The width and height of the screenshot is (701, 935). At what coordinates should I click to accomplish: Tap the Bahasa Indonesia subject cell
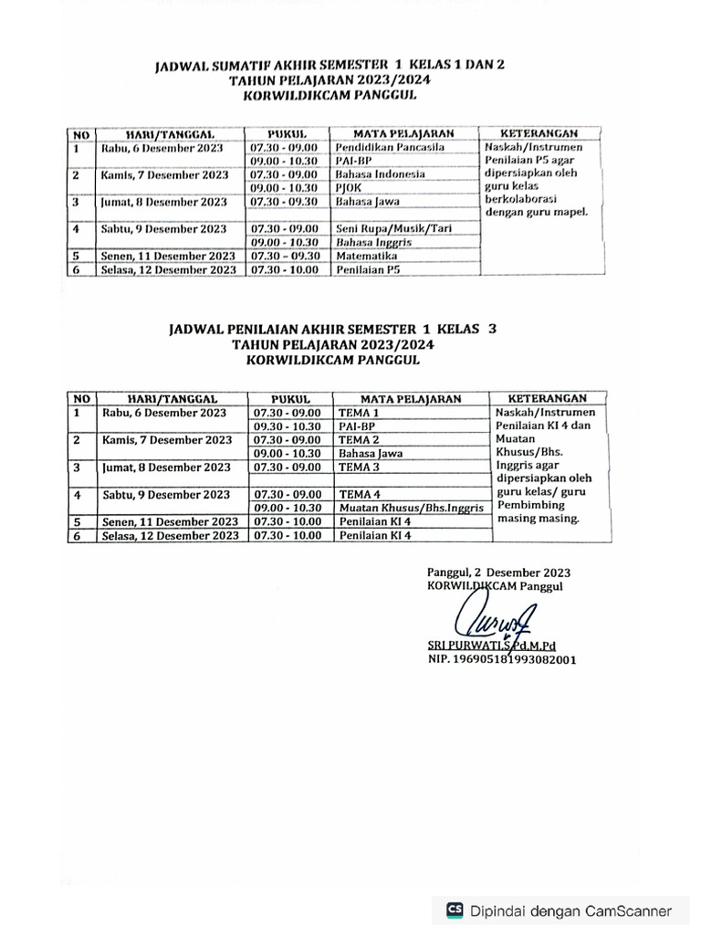pyautogui.click(x=374, y=174)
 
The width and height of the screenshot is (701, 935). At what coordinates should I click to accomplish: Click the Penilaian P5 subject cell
pyautogui.click(x=367, y=269)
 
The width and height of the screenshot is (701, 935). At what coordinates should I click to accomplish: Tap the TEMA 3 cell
pyautogui.click(x=358, y=467)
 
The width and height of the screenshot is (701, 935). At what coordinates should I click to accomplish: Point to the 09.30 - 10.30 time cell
pyautogui.click(x=287, y=426)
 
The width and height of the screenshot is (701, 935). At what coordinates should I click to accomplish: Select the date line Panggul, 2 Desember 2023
pyautogui.click(x=498, y=573)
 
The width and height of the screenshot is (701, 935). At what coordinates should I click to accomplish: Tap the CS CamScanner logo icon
pyautogui.click(x=455, y=910)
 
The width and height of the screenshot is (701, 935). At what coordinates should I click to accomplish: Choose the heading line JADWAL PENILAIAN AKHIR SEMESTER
pyautogui.click(x=332, y=329)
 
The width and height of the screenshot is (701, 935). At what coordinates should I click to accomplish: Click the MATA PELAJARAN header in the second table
pyautogui.click(x=410, y=399)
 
